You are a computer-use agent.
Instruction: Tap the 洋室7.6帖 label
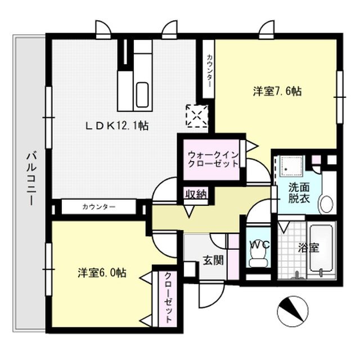276,91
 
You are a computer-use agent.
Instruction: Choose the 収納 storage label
195,194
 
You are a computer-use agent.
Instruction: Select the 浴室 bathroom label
309,248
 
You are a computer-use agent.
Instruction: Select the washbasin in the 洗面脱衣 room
326,204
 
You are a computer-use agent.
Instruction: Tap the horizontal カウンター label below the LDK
98,207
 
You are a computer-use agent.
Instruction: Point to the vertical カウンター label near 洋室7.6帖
209,70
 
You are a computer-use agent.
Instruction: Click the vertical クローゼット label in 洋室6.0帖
168,299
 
